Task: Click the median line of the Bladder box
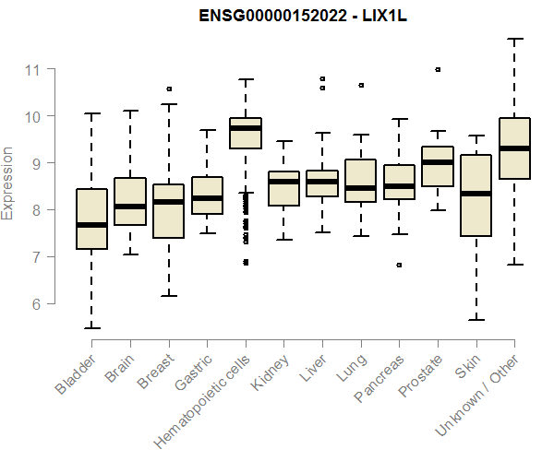pyautogui.click(x=91, y=224)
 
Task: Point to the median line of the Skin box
pyautogui.click(x=476, y=194)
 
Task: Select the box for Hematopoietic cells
pyautogui.click(x=246, y=134)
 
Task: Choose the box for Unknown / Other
pyautogui.click(x=514, y=148)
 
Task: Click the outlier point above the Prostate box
pyautogui.click(x=438, y=69)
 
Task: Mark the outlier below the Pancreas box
pyautogui.click(x=399, y=265)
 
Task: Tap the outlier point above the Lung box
pyautogui.click(x=360, y=85)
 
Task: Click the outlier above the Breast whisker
pyautogui.click(x=169, y=89)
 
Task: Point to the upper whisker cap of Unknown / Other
pyautogui.click(x=514, y=39)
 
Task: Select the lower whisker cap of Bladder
pyautogui.click(x=91, y=327)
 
